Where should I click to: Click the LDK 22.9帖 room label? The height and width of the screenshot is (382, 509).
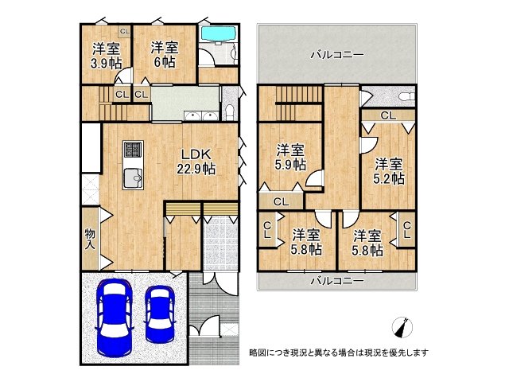pyautogui.click(x=196, y=162)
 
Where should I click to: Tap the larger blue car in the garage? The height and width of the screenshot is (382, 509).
pyautogui.click(x=115, y=318)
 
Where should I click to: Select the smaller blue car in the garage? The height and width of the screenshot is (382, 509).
pyautogui.click(x=160, y=314)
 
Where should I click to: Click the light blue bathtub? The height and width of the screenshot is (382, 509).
pyautogui.click(x=218, y=34)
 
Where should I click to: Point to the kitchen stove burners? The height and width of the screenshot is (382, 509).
pyautogui.click(x=133, y=149)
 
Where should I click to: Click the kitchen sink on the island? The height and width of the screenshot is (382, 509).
pyautogui.click(x=133, y=178)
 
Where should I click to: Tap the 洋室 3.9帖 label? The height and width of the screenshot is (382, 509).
pyautogui.click(x=106, y=56)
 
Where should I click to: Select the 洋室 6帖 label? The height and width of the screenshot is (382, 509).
pyautogui.click(x=165, y=55)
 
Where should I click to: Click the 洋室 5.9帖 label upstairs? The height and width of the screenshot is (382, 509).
pyautogui.click(x=290, y=158)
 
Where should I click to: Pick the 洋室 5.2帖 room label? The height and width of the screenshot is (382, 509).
pyautogui.click(x=389, y=172)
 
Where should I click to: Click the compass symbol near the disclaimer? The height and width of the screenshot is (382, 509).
pyautogui.click(x=402, y=326)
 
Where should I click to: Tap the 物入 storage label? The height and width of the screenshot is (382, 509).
pyautogui.click(x=90, y=239)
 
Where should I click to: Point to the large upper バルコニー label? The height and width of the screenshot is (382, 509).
pyautogui.click(x=337, y=55)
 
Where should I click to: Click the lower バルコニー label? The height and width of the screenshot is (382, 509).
pyautogui.click(x=337, y=280)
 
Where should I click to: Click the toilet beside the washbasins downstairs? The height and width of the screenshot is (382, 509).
pyautogui.click(x=229, y=111)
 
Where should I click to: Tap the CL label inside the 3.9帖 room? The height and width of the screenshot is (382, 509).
pyautogui.click(x=125, y=32)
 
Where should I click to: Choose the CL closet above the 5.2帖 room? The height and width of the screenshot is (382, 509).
pyautogui.click(x=388, y=115)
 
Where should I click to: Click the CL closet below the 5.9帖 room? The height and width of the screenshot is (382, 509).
pyautogui.click(x=281, y=201)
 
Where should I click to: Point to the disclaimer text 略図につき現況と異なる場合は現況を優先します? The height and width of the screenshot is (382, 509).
pyautogui.click(x=339, y=353)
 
